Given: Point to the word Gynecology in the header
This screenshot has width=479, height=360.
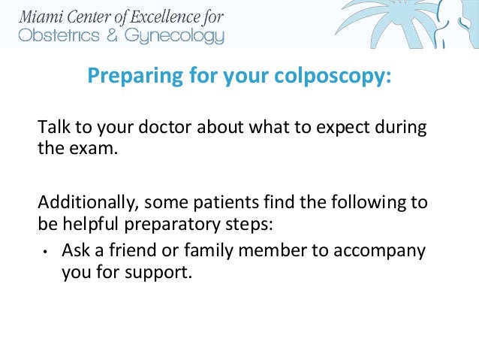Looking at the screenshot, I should pyautogui.click(x=173, y=36).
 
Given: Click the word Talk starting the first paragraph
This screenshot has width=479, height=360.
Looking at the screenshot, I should pyautogui.click(x=53, y=126).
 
